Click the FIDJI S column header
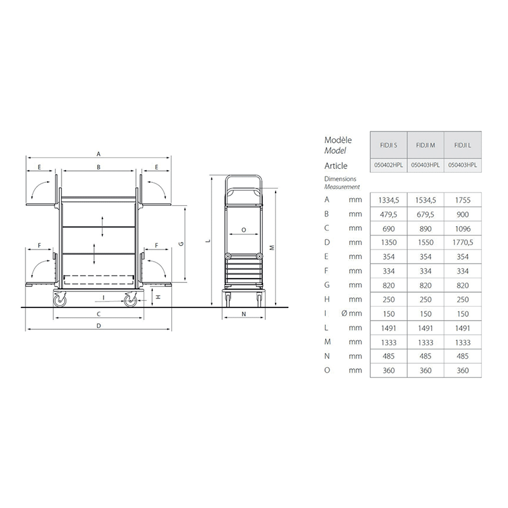pyautogui.click(x=389, y=145)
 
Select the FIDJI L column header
pyautogui.click(x=462, y=145)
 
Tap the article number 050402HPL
pyautogui.click(x=389, y=165)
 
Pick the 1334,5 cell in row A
pyautogui.click(x=389, y=200)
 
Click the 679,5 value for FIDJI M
pyautogui.click(x=425, y=215)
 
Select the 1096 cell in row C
pyautogui.click(x=462, y=229)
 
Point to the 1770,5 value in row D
pyautogui.click(x=462, y=243)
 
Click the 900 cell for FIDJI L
pyautogui.click(x=462, y=215)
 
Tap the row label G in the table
pyautogui.click(x=327, y=284)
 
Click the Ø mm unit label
pyautogui.click(x=352, y=313)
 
